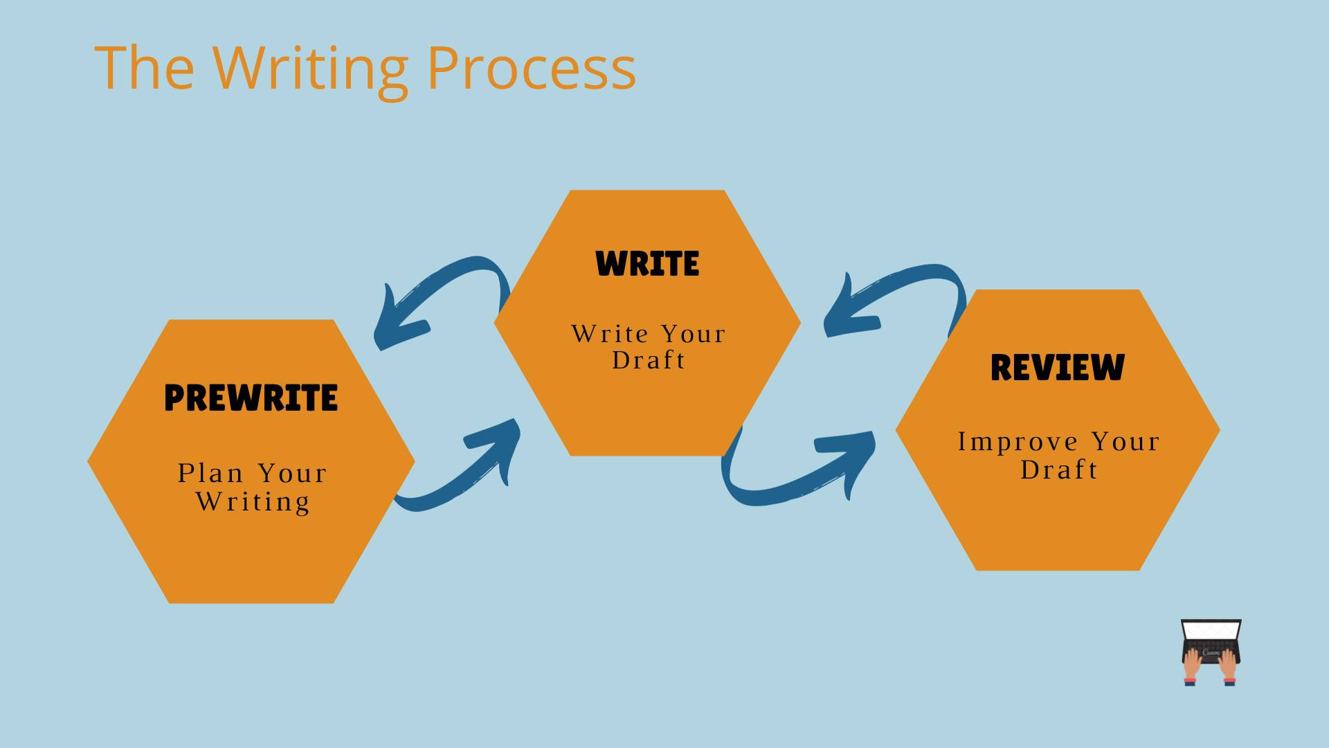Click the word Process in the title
[x=532, y=68]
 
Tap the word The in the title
[x=144, y=67]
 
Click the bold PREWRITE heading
[x=251, y=398]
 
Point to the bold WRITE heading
[x=647, y=263]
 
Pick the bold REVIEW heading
[x=1058, y=367]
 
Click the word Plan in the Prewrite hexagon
[x=210, y=473]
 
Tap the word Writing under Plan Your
[x=253, y=502]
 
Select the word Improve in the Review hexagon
[x=1018, y=443]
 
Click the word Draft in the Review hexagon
[x=1059, y=470]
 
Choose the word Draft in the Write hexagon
[x=649, y=360]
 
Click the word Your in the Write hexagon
[x=693, y=334]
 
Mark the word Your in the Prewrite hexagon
[x=292, y=473]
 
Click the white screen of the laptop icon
[x=1211, y=630]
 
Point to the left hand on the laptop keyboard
[x=1191, y=665]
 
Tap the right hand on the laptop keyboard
[x=1228, y=665]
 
